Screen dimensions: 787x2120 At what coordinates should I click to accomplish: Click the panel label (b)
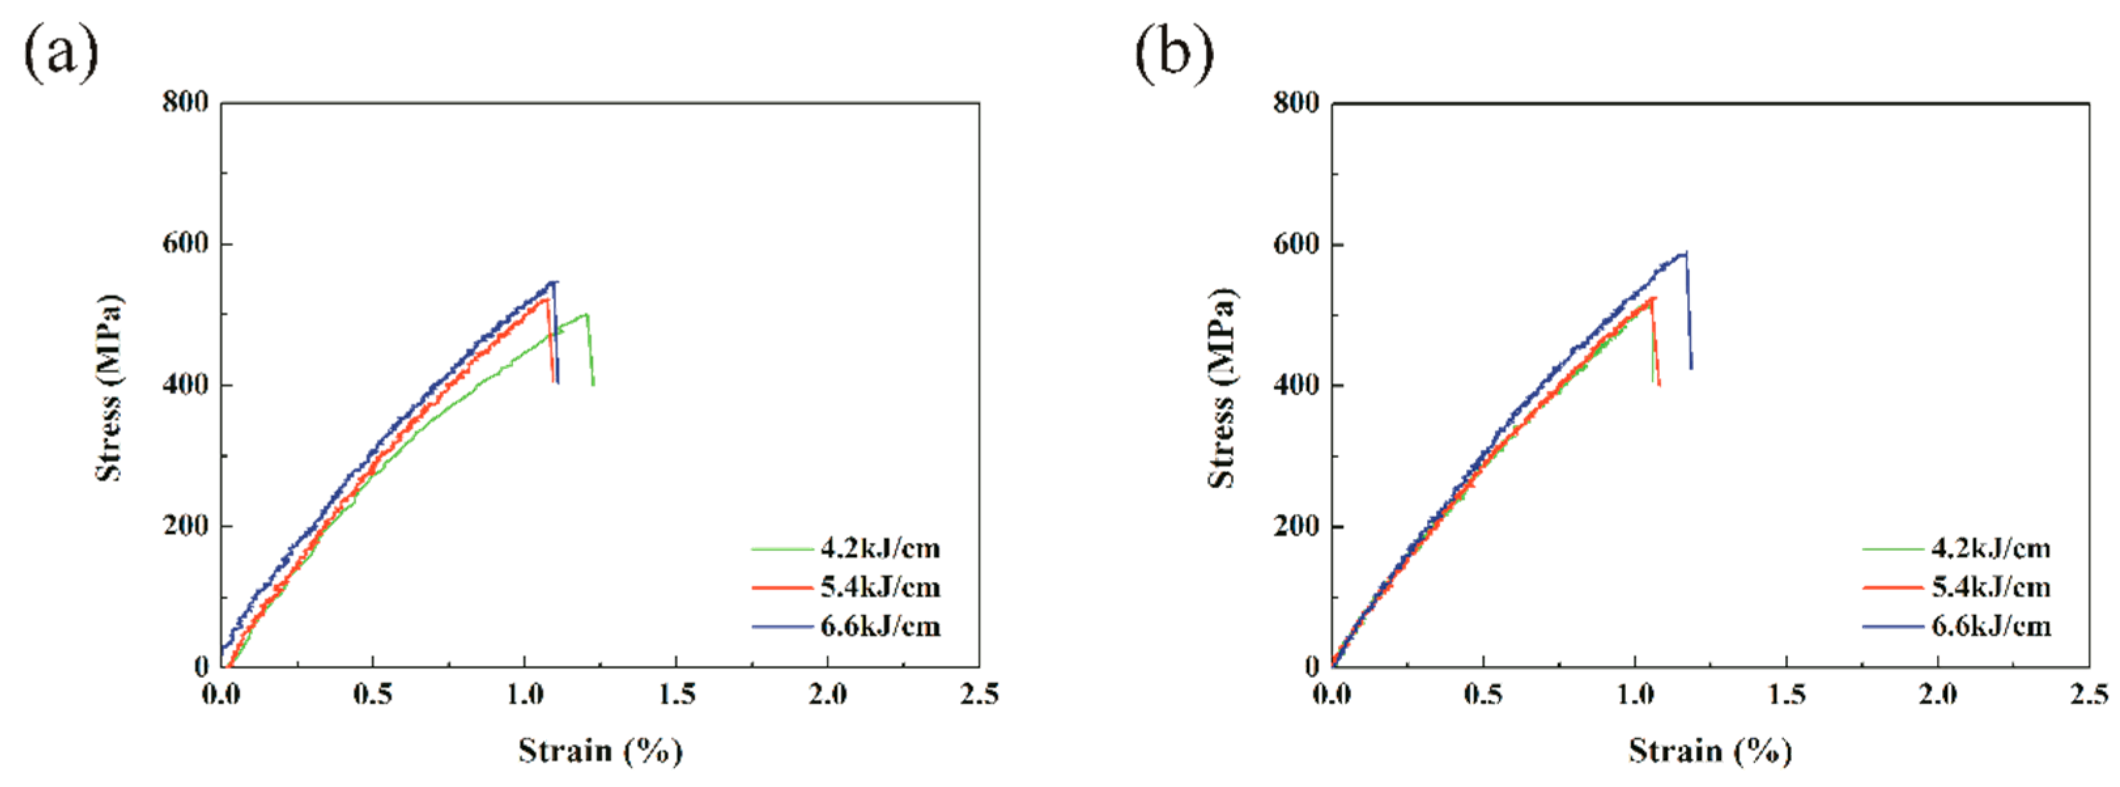pos(1173,54)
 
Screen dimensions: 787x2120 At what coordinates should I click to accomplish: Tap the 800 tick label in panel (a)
pos(185,103)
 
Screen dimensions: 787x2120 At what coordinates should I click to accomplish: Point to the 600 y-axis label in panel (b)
pos(1296,245)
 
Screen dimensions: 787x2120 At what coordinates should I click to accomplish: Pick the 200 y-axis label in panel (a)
pos(185,525)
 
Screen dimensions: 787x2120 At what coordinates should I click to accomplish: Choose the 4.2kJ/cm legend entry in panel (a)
pos(879,548)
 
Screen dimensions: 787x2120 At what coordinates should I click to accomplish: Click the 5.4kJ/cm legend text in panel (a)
pos(879,587)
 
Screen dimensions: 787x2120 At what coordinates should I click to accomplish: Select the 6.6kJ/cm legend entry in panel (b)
pos(1990,627)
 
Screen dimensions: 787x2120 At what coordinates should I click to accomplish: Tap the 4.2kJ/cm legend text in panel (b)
pos(1990,548)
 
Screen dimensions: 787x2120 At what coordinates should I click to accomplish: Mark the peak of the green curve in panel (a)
pos(586,313)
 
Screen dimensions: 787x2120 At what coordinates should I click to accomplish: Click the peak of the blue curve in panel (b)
pos(1685,253)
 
